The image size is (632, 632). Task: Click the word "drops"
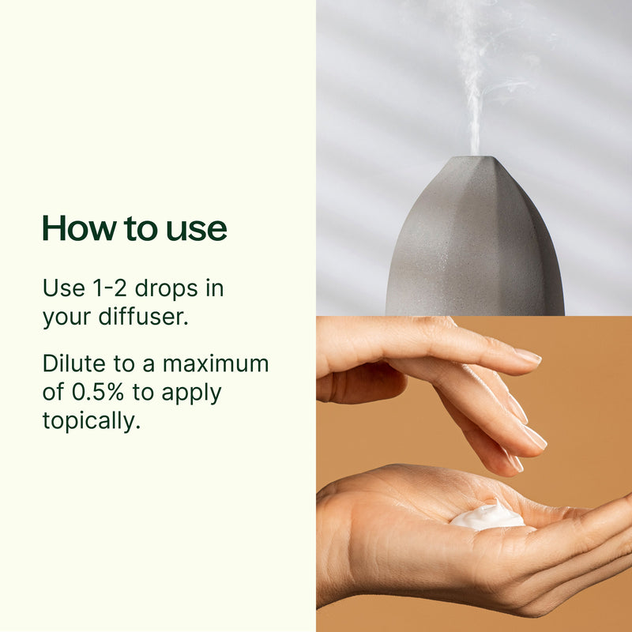tap(166, 288)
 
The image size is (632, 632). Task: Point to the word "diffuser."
tap(144, 317)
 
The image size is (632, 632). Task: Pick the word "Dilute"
tap(73, 363)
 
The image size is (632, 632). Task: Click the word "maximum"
tap(216, 364)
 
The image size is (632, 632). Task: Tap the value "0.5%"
tap(97, 392)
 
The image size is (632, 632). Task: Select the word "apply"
tap(191, 393)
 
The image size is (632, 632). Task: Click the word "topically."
tap(92, 421)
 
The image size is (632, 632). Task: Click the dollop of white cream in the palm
tap(487, 516)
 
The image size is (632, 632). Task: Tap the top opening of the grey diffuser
tap(476, 157)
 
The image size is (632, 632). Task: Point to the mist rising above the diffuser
tap(476, 81)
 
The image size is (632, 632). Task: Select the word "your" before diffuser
tap(66, 318)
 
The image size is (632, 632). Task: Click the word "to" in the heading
tap(141, 229)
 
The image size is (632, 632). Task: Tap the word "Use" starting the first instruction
tap(64, 288)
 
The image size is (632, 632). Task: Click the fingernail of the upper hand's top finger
tap(528, 356)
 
